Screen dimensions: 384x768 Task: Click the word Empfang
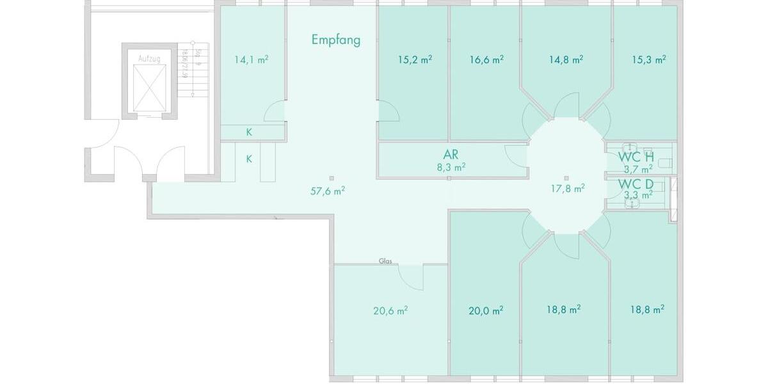point(336,40)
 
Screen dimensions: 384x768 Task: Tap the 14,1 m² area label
point(251,60)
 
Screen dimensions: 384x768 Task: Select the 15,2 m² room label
point(415,60)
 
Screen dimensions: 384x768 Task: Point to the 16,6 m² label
point(486,60)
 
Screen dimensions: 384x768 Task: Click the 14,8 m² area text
point(566,60)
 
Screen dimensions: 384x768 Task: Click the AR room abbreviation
point(451,155)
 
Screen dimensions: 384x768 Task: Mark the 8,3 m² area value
point(451,167)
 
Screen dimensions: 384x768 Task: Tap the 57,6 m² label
point(328,190)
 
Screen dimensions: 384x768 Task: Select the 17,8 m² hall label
point(568,188)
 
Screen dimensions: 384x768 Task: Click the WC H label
point(636,157)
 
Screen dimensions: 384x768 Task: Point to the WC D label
point(636,184)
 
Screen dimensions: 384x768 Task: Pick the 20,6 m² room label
point(390,310)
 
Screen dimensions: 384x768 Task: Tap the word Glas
point(385,261)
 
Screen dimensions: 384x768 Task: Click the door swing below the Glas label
point(410,276)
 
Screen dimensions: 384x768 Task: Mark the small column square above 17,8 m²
point(566,178)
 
